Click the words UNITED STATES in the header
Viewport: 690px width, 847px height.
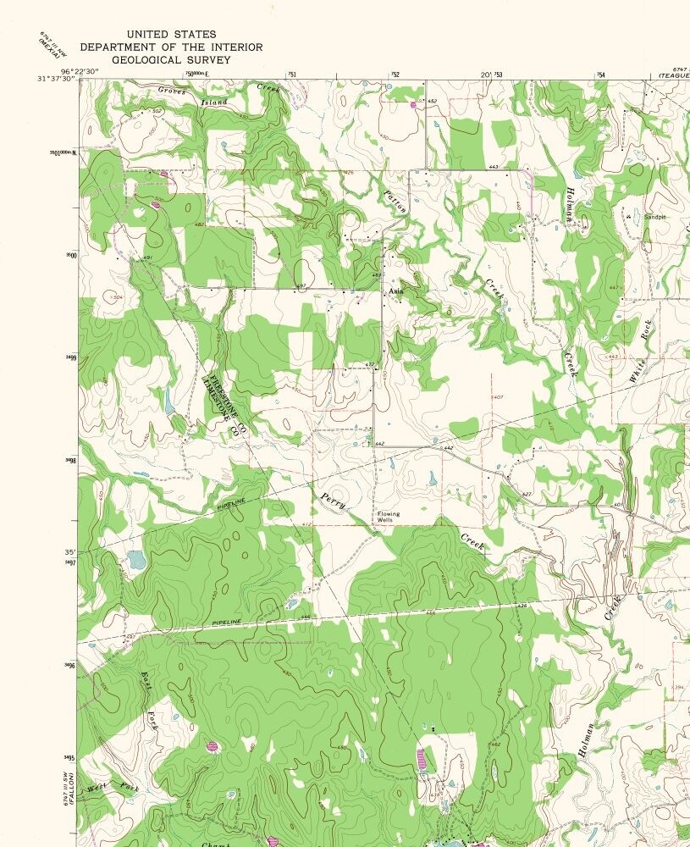[x=171, y=34]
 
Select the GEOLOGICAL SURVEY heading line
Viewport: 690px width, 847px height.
[x=171, y=59]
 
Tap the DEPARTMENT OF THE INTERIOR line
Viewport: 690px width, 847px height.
[x=171, y=47]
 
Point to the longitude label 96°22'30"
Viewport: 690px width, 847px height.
[x=80, y=70]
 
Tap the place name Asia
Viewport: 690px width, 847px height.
[x=395, y=291]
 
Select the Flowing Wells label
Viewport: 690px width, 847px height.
[x=388, y=516]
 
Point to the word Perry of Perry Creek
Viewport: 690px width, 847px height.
[x=331, y=501]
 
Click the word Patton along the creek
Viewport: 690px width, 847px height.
[x=395, y=202]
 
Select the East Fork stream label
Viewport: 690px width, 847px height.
[x=150, y=700]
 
